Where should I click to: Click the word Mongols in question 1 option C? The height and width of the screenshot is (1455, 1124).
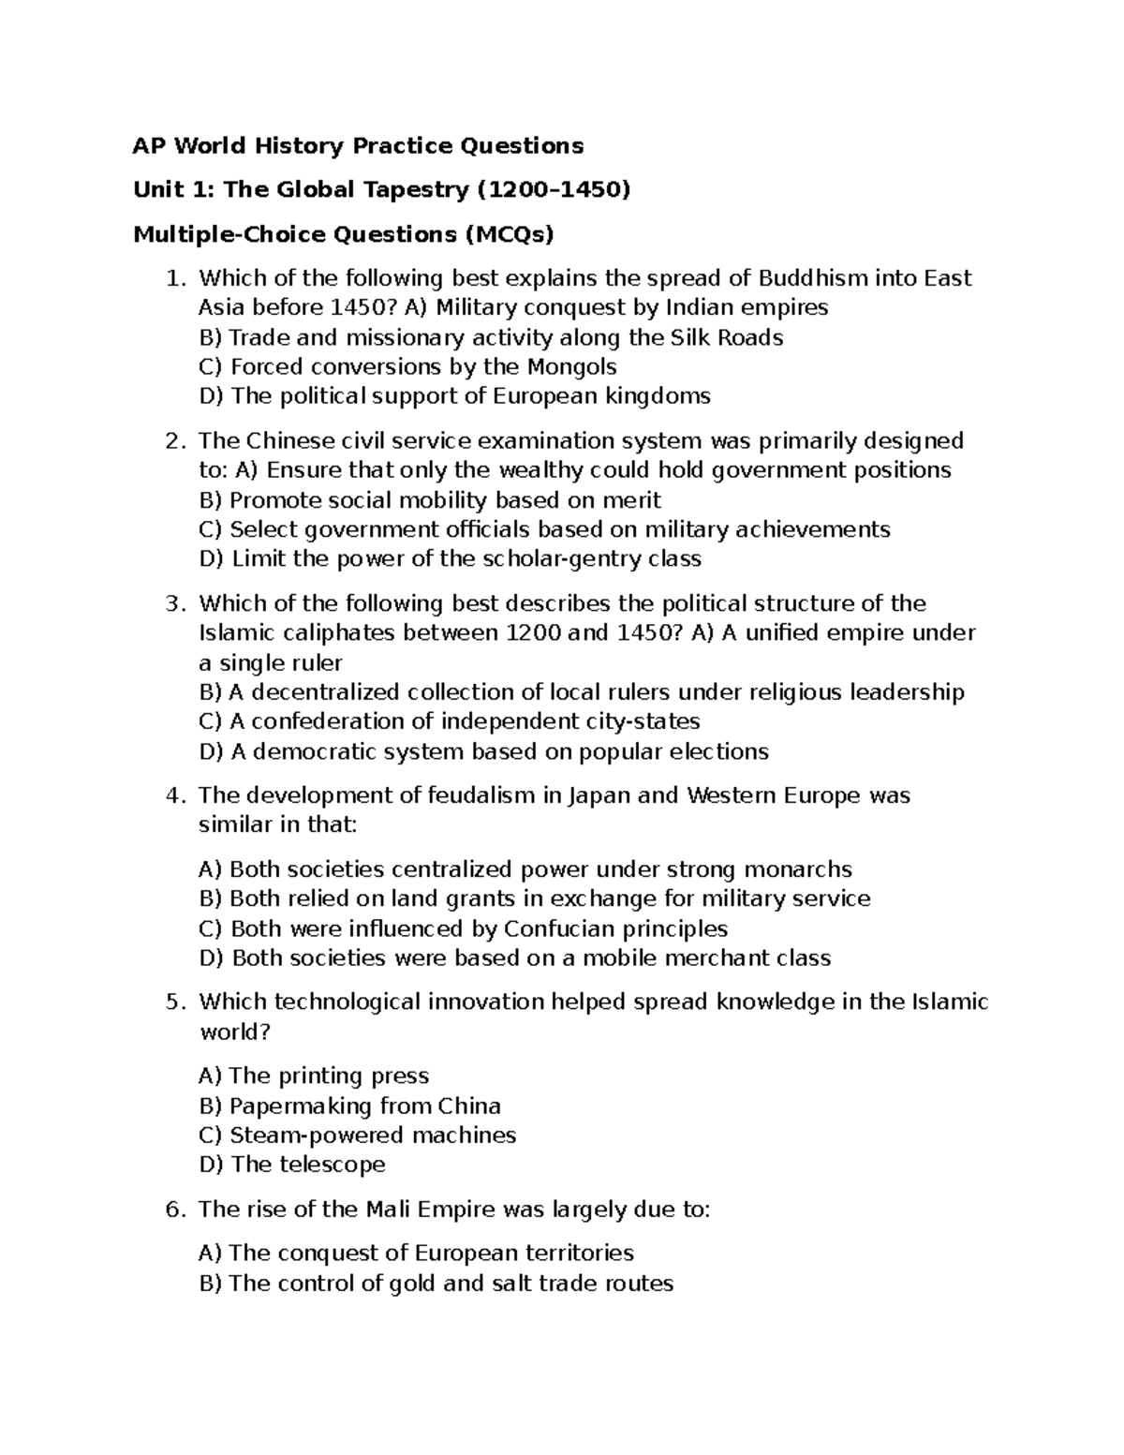tap(572, 366)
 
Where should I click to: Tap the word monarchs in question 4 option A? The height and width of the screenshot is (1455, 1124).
tap(803, 869)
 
